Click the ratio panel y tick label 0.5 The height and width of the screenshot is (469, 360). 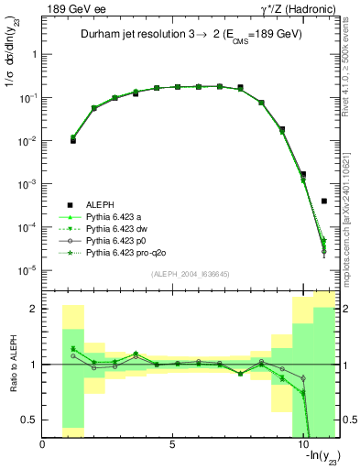[29, 420]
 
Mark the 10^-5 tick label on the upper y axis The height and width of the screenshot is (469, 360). [27, 270]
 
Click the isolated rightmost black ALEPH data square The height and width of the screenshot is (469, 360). [324, 201]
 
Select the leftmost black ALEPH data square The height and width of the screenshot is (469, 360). [73, 141]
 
